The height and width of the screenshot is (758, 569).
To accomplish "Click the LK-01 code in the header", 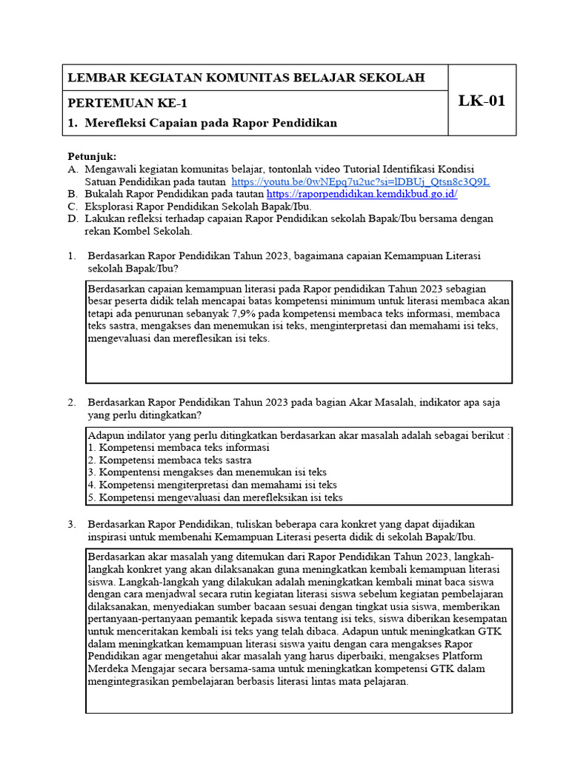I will tap(482, 101).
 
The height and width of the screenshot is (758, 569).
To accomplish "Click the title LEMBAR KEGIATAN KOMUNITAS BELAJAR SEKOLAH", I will tap(246, 78).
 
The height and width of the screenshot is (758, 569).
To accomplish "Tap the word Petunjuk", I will tap(92, 156).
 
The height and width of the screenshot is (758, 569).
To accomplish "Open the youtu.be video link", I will tap(360, 181).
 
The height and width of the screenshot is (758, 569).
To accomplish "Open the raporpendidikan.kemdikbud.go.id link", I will tap(361, 194).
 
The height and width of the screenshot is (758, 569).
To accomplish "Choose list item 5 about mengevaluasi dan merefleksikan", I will tap(215, 497).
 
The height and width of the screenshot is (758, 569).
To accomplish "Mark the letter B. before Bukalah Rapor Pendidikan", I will tap(72, 194).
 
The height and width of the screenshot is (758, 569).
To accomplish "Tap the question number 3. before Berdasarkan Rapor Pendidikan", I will tap(72, 524).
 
